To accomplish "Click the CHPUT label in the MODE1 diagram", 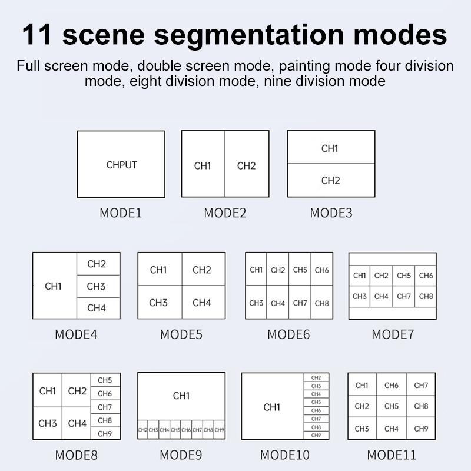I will point(121,165).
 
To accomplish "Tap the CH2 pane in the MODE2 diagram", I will point(246,165).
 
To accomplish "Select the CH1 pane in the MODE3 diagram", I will point(330,148).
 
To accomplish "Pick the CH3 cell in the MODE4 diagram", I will point(97,286).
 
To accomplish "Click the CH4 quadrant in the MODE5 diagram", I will point(202,303).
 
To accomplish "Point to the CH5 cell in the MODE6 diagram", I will point(300,270).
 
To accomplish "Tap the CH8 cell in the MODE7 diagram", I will point(426,296).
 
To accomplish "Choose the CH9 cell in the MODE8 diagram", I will point(105,434).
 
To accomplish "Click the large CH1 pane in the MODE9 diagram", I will point(181,396).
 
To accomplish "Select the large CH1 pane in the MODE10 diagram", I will point(272,407).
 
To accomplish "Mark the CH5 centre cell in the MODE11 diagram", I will point(392,406).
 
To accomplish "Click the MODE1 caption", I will point(121,213).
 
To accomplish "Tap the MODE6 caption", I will point(288,334).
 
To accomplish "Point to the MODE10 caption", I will point(285,455).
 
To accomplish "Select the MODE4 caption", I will point(76,334).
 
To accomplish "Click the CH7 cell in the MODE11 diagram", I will point(421,386).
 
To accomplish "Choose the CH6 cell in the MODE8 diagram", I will point(105,393).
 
